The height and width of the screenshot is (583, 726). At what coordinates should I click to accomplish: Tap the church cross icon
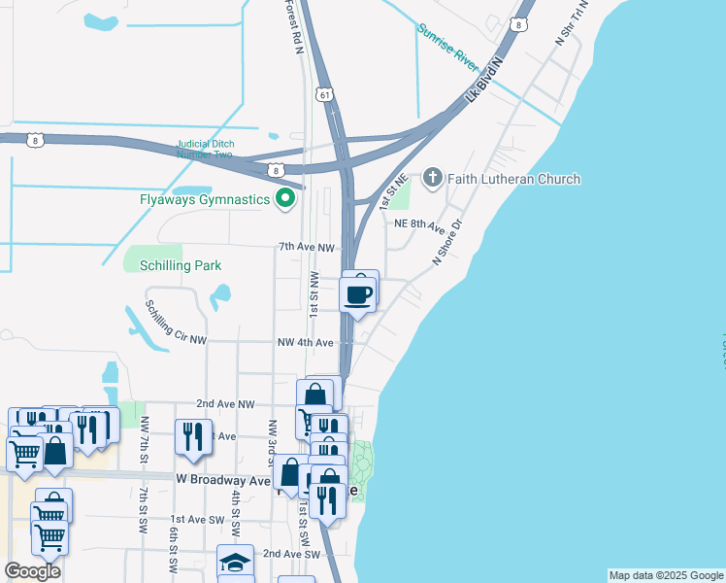(432, 179)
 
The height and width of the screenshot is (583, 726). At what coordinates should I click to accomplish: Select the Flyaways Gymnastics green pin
(284, 199)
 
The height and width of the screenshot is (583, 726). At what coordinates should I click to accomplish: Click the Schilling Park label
(180, 265)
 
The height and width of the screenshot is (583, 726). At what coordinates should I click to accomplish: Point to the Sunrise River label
(448, 47)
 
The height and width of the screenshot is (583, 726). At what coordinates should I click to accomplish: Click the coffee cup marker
(358, 292)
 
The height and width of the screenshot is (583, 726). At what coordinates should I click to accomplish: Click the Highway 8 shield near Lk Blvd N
(521, 24)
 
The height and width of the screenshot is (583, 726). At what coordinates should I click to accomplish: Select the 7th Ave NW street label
(307, 248)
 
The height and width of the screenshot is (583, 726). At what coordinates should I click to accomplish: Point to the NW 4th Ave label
(306, 343)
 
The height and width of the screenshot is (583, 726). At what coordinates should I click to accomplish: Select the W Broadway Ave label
(223, 480)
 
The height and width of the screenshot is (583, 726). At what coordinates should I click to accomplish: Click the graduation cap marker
(235, 563)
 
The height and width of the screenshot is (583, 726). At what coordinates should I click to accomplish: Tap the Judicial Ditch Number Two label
(205, 150)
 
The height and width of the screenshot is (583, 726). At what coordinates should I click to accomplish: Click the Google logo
(32, 571)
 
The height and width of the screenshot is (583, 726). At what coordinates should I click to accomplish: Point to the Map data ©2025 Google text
(666, 575)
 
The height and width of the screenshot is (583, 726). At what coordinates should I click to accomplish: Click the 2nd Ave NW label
(225, 403)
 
